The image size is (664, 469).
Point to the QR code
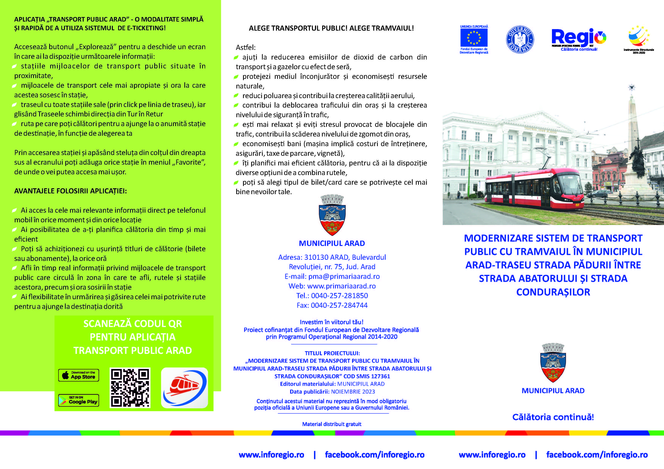click(x=130, y=388)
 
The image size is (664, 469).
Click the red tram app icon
click(x=185, y=388)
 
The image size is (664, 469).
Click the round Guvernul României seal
click(x=520, y=39)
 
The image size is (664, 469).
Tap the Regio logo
click(x=578, y=38)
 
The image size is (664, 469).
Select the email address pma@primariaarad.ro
click(x=344, y=276)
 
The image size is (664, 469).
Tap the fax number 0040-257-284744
click(x=339, y=305)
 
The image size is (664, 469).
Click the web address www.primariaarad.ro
click(x=341, y=286)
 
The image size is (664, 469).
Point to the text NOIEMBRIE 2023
click(x=353, y=392)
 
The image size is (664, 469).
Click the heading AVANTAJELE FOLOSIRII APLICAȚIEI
click(x=71, y=191)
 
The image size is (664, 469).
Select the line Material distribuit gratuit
click(x=332, y=424)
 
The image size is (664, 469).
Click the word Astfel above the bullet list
click(x=245, y=47)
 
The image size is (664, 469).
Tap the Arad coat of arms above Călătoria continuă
click(x=553, y=363)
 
